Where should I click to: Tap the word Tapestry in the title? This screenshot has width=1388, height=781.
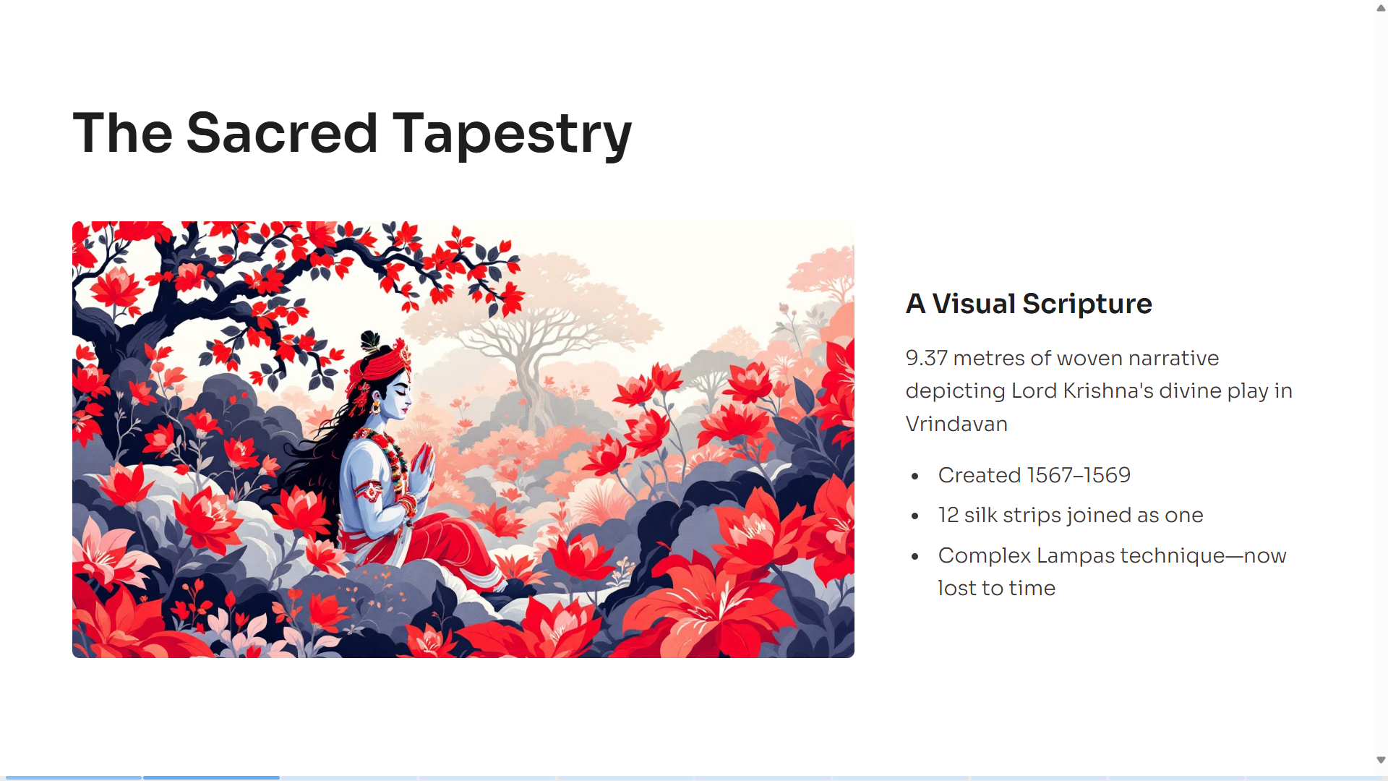pyautogui.click(x=512, y=136)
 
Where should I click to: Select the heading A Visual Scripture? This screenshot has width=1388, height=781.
pyautogui.click(x=1029, y=304)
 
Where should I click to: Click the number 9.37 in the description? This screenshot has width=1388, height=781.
pyautogui.click(x=926, y=358)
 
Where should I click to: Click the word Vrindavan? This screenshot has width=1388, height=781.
pyautogui.click(x=956, y=424)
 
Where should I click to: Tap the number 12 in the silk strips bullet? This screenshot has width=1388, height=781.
pyautogui.click(x=948, y=515)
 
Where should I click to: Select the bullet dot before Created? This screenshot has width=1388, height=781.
pyautogui.click(x=915, y=476)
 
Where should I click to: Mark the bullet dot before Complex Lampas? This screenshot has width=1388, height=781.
pyautogui.click(x=915, y=556)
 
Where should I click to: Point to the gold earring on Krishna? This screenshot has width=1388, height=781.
pyautogui.click(x=376, y=407)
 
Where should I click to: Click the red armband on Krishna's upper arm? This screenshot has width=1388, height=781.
pyautogui.click(x=369, y=491)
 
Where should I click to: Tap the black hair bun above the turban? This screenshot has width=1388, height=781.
pyautogui.click(x=370, y=341)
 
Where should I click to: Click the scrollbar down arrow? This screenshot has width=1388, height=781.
pyautogui.click(x=1381, y=760)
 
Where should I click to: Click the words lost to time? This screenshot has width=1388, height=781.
pyautogui.click(x=996, y=588)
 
